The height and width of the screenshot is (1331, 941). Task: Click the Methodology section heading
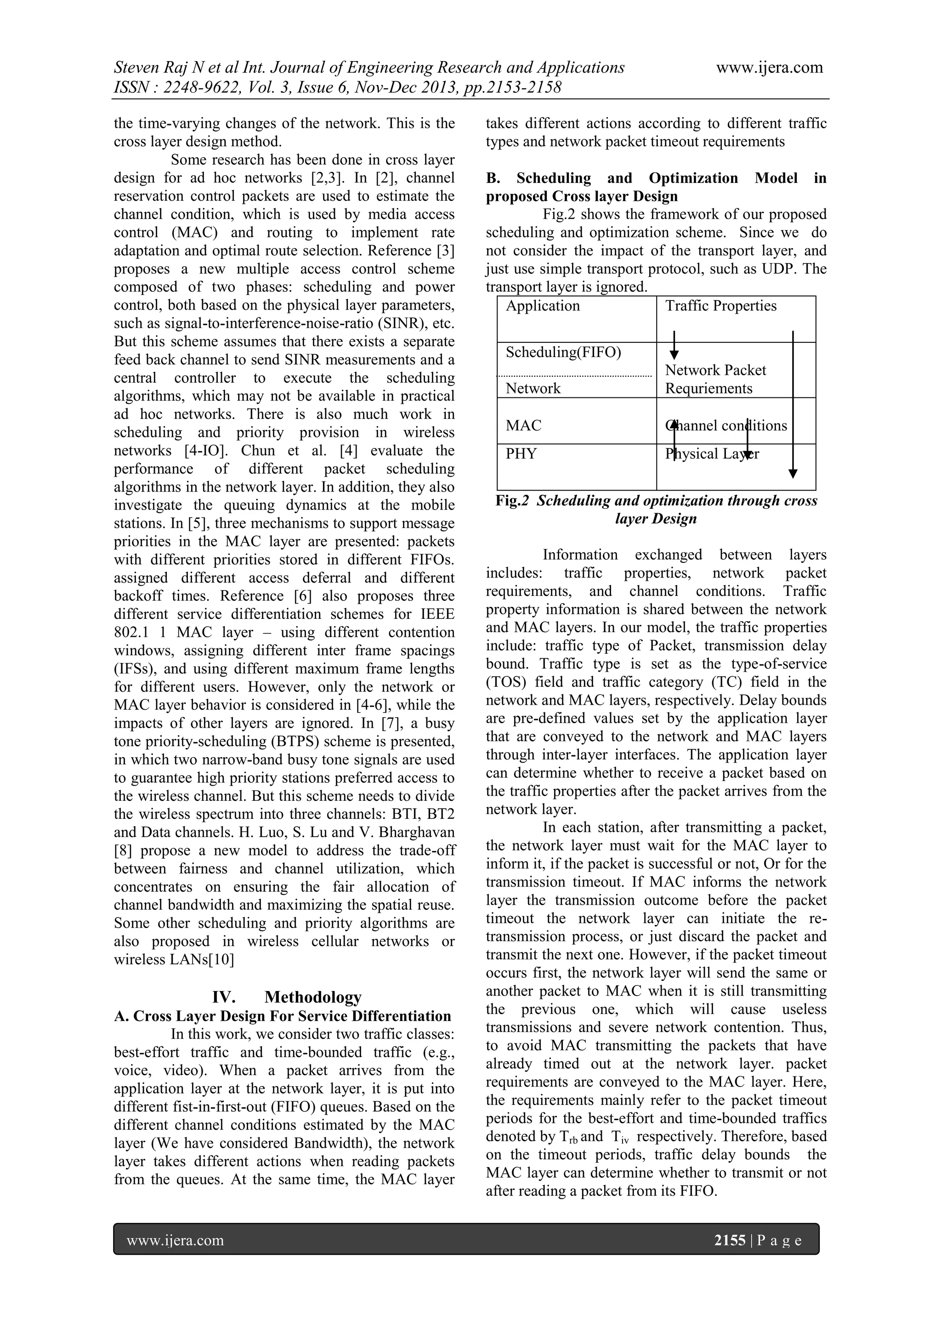312,997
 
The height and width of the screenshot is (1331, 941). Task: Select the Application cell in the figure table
543,306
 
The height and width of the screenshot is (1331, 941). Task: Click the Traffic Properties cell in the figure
720,306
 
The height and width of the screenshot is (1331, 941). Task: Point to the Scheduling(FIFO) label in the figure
563,352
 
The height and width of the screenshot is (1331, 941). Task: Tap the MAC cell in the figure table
523,425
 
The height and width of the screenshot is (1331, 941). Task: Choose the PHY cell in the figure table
521,454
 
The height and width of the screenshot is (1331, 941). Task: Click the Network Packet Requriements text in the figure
715,379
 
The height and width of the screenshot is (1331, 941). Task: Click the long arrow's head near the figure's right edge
793,474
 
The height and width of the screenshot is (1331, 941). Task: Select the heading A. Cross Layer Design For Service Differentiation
283,1016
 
